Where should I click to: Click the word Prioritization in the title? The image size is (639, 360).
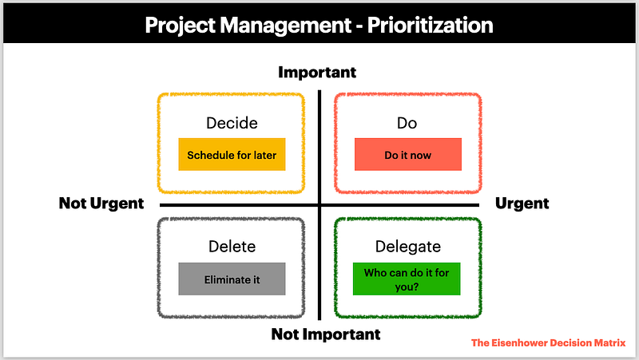pyautogui.click(x=430, y=25)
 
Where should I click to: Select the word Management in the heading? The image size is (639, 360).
pyautogui.click(x=286, y=26)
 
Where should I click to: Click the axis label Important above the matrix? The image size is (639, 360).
pyautogui.click(x=317, y=72)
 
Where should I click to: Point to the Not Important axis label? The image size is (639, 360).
pyautogui.click(x=326, y=334)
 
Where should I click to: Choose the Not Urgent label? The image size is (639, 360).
pyautogui.click(x=101, y=204)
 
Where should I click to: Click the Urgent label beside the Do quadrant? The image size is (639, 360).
pyautogui.click(x=522, y=204)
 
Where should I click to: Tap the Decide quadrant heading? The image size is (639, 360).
pyautogui.click(x=232, y=123)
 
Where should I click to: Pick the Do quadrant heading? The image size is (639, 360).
pyautogui.click(x=407, y=123)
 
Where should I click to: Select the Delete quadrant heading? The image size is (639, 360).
pyautogui.click(x=232, y=247)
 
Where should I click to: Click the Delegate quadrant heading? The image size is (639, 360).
pyautogui.click(x=408, y=247)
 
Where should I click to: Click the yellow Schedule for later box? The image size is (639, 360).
pyautogui.click(x=232, y=154)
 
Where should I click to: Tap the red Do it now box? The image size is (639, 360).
pyautogui.click(x=408, y=154)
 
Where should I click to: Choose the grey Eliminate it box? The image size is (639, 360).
pyautogui.click(x=232, y=279)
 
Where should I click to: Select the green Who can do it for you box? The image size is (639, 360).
pyautogui.click(x=407, y=279)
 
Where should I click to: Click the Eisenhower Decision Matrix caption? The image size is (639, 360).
pyautogui.click(x=548, y=343)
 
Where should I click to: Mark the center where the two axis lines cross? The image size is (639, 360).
pyautogui.click(x=319, y=205)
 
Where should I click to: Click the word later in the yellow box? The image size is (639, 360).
pyautogui.click(x=265, y=155)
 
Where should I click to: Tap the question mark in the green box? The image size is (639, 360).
pyautogui.click(x=416, y=287)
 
